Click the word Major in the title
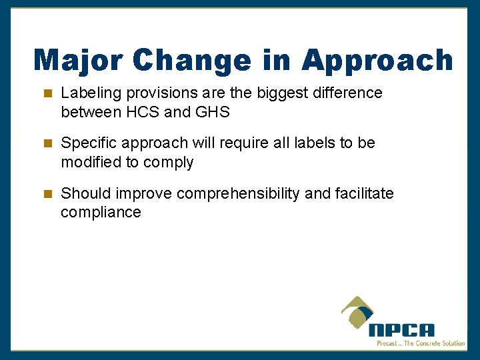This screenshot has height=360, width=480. [78, 60]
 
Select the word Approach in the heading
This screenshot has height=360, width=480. [377, 60]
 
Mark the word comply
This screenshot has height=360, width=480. [171, 163]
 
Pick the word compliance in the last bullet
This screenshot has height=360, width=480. [101, 213]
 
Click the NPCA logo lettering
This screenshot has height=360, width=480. [401, 330]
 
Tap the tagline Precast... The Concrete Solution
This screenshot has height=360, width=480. [421, 343]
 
